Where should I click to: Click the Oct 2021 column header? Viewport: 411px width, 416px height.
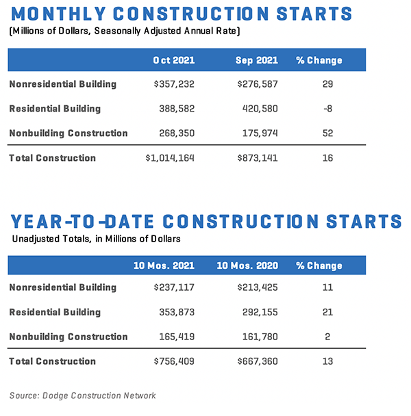(174, 60)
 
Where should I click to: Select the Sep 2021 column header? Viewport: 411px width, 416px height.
(257, 60)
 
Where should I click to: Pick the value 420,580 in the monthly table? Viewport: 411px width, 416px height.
(260, 108)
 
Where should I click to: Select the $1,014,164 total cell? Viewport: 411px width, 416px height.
(169, 158)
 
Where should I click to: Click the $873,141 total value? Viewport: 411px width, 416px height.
(257, 158)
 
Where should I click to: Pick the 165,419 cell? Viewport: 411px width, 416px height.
(176, 337)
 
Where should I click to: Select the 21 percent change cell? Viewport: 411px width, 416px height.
(327, 312)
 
